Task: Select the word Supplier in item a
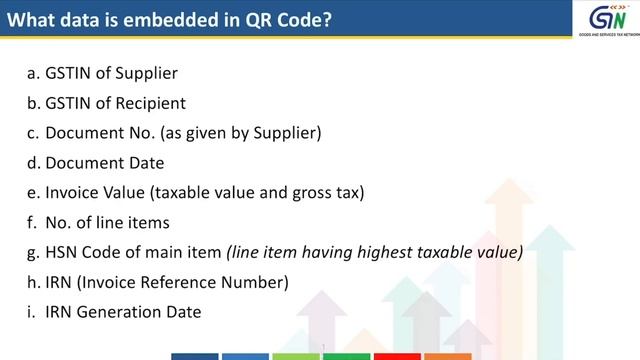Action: (x=148, y=73)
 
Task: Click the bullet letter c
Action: (x=33, y=133)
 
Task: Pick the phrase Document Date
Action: (x=105, y=163)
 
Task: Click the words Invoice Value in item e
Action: (x=92, y=193)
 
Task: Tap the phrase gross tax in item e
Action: (x=329, y=193)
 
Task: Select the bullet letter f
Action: (x=32, y=222)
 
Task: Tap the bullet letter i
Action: (x=31, y=312)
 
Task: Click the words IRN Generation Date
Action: (x=123, y=312)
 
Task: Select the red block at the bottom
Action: (x=396, y=355)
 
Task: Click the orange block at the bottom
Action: (x=447, y=355)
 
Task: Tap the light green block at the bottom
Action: (x=296, y=355)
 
